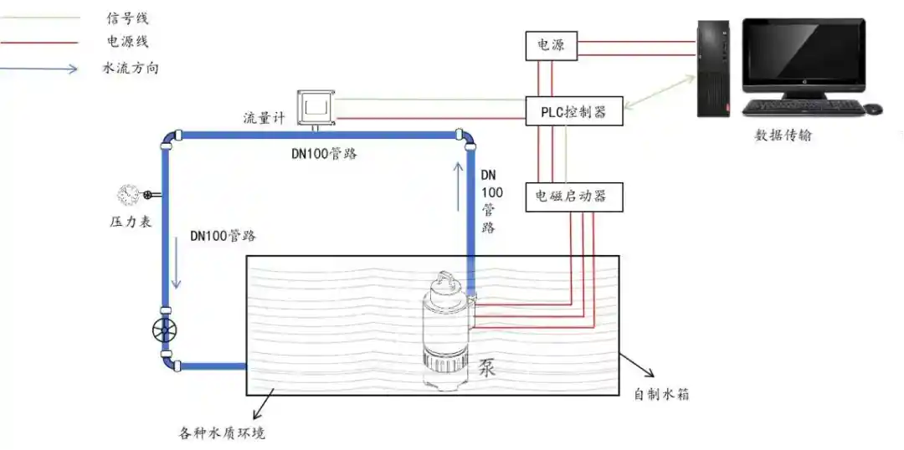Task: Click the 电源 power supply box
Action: (551, 45)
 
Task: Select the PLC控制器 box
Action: (575, 111)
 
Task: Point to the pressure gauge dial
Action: (128, 195)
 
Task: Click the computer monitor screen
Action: (804, 54)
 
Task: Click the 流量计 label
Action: (264, 118)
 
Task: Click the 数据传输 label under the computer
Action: (783, 135)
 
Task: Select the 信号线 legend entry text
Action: (127, 18)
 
